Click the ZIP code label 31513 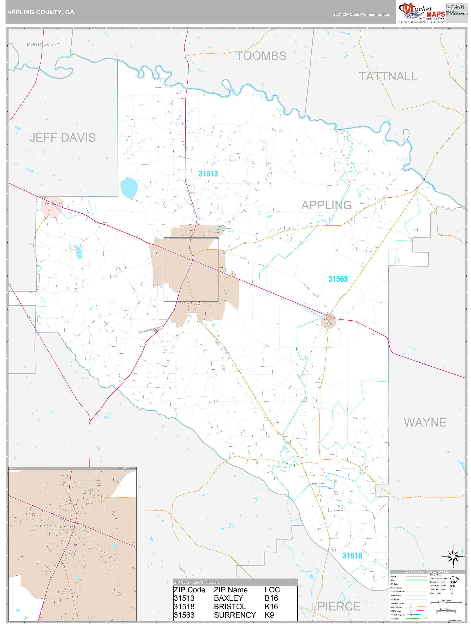pos(208,174)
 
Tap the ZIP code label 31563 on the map pos(338,279)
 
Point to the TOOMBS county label pos(261,56)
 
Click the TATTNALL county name pos(388,77)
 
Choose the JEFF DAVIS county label pos(63,138)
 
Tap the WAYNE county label pos(425,422)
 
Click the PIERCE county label pos(339,606)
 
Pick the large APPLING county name pos(327,205)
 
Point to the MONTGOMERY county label pos(43,44)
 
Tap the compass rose pos(453,556)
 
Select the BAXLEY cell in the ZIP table pos(228,598)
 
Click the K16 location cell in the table pos(271,606)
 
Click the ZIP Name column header pos(231,590)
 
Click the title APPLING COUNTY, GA pos(41,12)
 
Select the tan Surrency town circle pos(329,321)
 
